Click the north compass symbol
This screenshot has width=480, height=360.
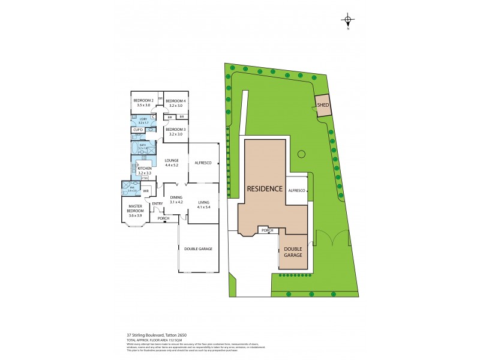[x=348, y=20]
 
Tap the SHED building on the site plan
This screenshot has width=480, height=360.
[x=323, y=105]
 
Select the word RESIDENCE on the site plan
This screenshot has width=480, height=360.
[x=265, y=188]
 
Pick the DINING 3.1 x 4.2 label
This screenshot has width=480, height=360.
[x=176, y=199]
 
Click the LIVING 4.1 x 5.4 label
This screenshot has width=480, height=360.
[x=203, y=205]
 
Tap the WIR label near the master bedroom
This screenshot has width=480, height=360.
[x=146, y=192]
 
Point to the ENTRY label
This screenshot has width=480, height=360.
[x=157, y=204]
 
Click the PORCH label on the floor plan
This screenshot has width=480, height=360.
[x=164, y=218]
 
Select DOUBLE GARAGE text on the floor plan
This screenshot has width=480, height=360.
[x=199, y=249]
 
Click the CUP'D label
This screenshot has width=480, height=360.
[x=138, y=130]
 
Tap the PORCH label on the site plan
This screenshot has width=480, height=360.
[x=267, y=230]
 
